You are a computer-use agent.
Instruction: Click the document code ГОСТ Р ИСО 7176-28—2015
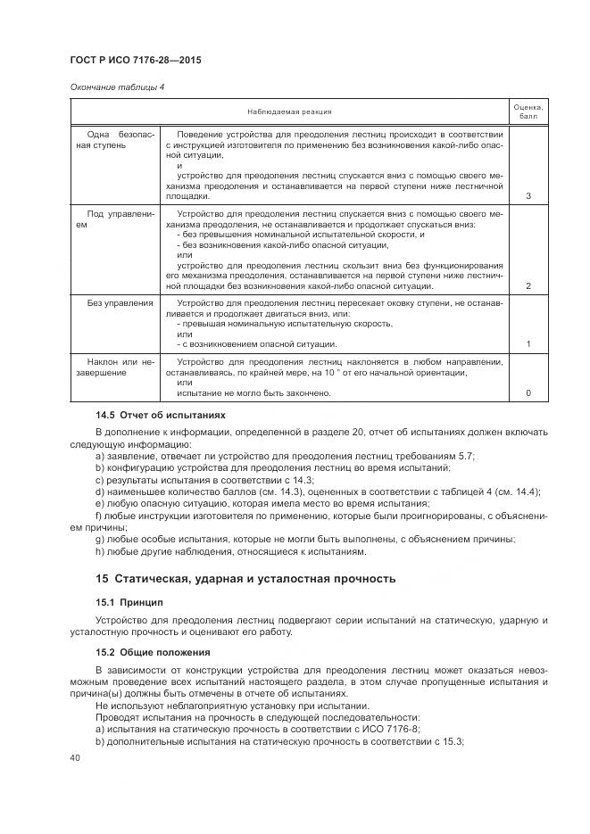135,61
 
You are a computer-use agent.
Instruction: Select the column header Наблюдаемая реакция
290,111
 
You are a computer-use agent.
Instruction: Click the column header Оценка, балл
528,111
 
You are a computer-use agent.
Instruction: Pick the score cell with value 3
528,196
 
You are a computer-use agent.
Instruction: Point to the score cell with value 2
528,285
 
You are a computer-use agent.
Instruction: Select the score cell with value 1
528,343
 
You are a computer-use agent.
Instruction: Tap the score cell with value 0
528,393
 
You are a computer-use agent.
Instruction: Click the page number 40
74,757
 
